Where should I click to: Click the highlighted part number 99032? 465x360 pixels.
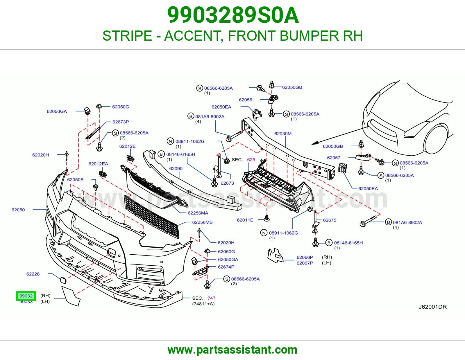[26, 296]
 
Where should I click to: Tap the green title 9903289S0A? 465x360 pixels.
[233, 15]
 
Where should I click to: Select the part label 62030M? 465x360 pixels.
[283, 134]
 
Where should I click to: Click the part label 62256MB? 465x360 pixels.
[202, 222]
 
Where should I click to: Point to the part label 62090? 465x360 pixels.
[176, 168]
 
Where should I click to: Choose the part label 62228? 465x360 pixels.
[33, 274]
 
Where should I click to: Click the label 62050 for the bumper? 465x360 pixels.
[18, 210]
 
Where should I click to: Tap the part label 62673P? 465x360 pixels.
[121, 122]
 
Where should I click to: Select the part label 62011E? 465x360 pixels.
[245, 220]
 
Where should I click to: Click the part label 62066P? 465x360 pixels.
[305, 257]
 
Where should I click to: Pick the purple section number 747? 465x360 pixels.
[211, 298]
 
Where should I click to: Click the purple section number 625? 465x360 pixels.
[251, 159]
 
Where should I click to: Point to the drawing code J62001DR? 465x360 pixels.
[433, 307]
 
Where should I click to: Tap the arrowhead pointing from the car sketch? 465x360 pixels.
[314, 143]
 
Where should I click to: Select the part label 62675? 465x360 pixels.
[330, 220]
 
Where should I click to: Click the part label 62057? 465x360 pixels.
[334, 158]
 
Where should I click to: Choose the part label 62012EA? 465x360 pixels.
[98, 164]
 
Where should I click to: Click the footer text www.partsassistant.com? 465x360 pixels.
[233, 350]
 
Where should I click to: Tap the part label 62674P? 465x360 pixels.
[226, 267]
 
